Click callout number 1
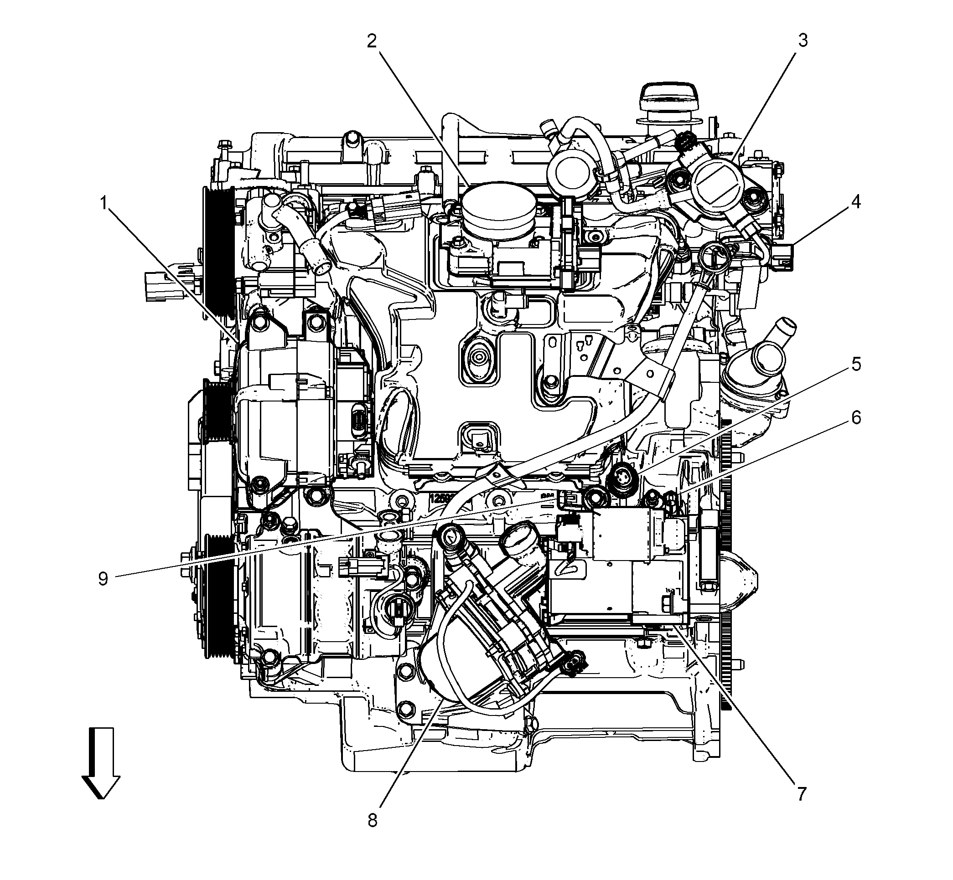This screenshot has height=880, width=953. coord(103,204)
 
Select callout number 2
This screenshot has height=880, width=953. coord(371,42)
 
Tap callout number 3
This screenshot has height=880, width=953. coord(803,41)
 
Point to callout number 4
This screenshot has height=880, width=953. coord(856,203)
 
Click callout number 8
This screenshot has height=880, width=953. coord(372,820)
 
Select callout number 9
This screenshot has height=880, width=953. coord(104,579)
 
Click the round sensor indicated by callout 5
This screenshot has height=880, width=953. coord(624,476)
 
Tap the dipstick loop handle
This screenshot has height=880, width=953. coord(710,252)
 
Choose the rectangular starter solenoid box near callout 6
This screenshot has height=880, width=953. coord(627,533)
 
